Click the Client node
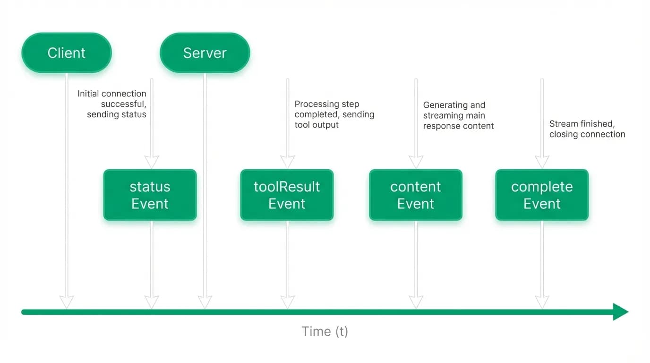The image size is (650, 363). [x=67, y=52]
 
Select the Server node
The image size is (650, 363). [x=205, y=52]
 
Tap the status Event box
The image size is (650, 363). [x=150, y=195]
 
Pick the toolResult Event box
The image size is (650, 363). [x=287, y=195]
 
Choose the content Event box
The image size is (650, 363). [x=416, y=195]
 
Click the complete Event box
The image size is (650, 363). [x=542, y=195]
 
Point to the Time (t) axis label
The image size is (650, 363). [x=325, y=331]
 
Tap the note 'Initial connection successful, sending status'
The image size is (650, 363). [x=112, y=104]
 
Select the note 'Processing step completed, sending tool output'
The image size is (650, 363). [x=334, y=114]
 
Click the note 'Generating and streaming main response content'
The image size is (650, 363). [x=458, y=115]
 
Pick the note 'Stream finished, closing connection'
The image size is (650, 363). [x=587, y=129]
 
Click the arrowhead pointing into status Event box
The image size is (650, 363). [x=152, y=162]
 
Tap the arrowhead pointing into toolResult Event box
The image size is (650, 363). [x=288, y=162]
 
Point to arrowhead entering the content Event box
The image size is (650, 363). [x=416, y=162]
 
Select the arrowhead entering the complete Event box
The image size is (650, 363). [x=542, y=162]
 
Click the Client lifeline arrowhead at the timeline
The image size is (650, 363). [x=67, y=302]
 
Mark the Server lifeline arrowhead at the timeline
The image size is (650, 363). [x=205, y=302]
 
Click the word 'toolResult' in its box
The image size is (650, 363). [x=287, y=186]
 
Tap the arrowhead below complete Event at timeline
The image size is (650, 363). [x=542, y=302]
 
